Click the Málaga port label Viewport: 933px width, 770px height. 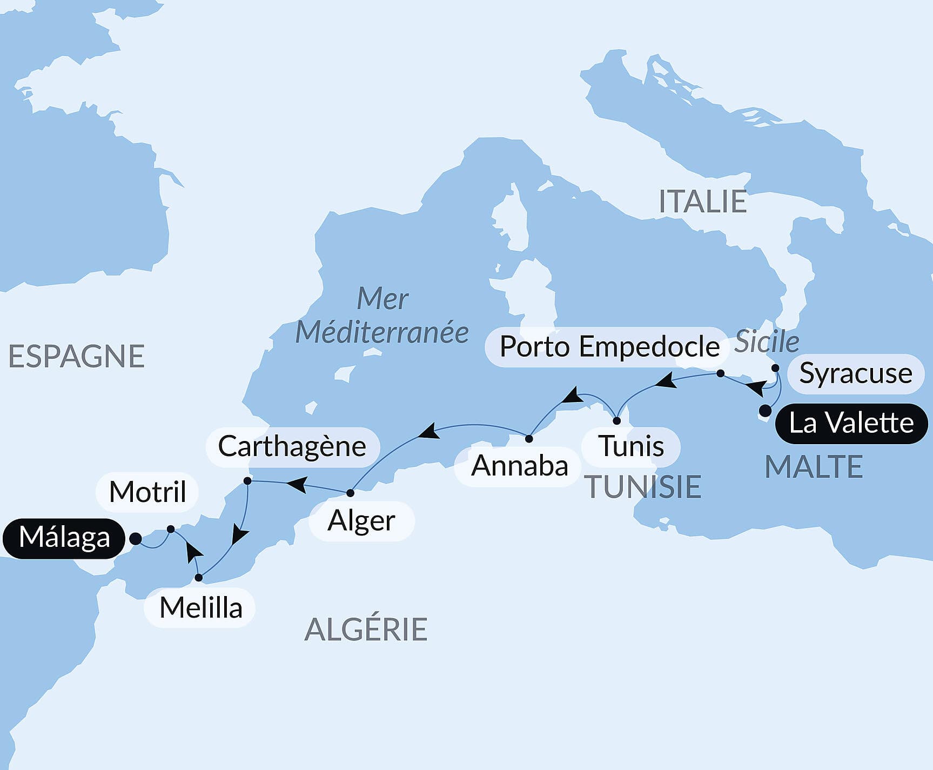coord(64,538)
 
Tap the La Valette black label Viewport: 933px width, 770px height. coord(851,423)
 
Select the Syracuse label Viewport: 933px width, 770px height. coord(855,373)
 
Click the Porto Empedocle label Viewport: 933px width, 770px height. coord(609,347)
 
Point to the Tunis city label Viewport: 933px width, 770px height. coord(631,447)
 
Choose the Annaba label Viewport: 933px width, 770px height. coord(519,466)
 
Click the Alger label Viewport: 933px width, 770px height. coord(361,521)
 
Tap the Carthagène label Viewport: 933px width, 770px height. coord(292,447)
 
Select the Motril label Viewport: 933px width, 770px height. coord(147,492)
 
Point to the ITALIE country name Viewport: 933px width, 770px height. coord(702,202)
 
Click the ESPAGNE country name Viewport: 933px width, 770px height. coord(76,357)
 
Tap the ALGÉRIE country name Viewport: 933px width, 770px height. coord(366,630)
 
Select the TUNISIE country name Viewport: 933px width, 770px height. coord(643,487)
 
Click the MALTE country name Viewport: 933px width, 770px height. coord(814,467)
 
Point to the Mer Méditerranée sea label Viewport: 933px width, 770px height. coord(382,316)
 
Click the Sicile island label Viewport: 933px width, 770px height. coord(767,342)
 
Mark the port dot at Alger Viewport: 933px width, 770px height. coord(350,493)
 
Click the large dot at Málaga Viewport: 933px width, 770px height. coord(136,539)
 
